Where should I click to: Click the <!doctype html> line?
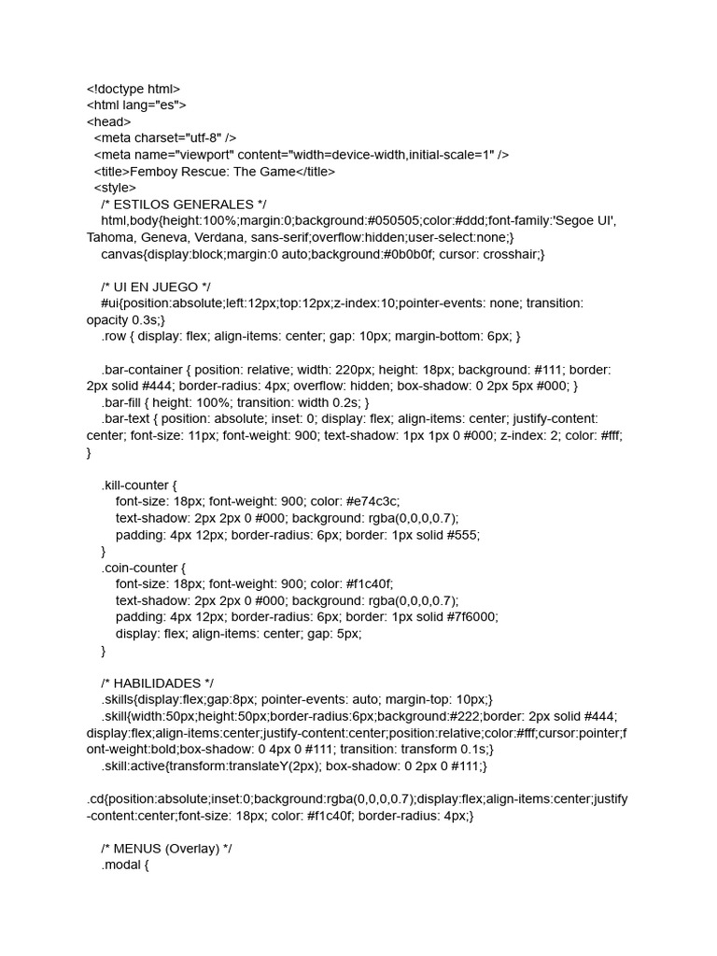point(134,89)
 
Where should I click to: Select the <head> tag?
point(109,121)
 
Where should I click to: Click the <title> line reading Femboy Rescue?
point(214,171)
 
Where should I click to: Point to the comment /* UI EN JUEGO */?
point(156,287)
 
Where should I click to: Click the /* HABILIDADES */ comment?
point(163,683)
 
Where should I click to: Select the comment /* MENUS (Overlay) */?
point(173,849)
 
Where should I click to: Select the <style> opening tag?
point(115,188)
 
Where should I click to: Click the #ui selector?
point(111,303)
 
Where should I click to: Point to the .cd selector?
point(96,799)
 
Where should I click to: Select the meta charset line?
point(165,138)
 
